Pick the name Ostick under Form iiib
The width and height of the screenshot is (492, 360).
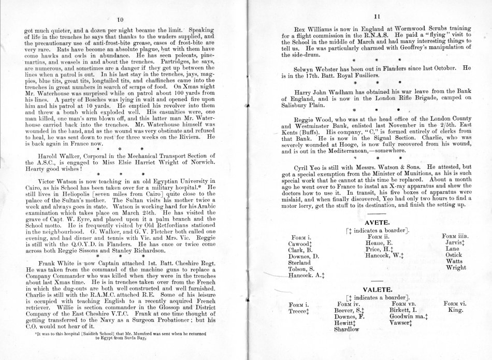(x=453, y=255)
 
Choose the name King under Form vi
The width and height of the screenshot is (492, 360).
(x=455, y=308)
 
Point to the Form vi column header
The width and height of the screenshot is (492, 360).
(x=456, y=301)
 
